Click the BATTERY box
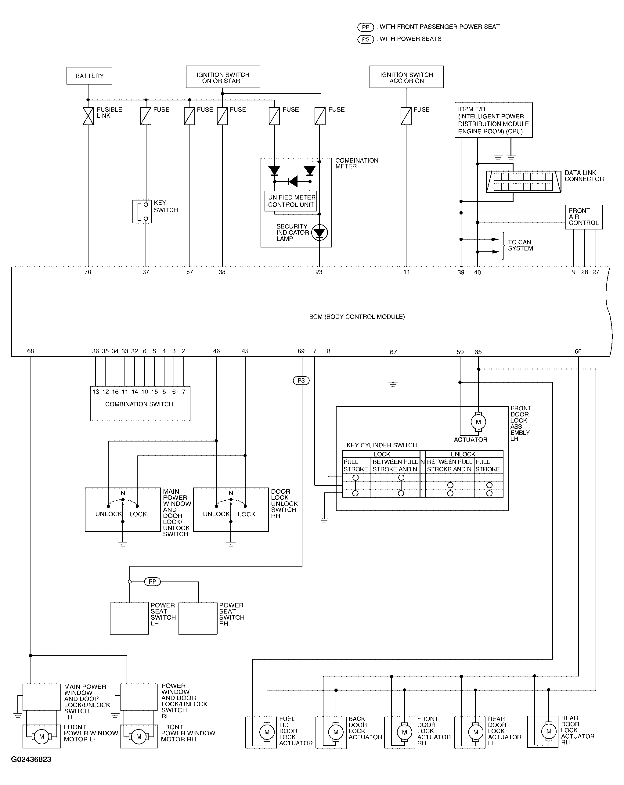pos(89,76)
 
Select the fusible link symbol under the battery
pos(88,116)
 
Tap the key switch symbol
pos(142,211)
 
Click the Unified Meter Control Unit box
pos(291,201)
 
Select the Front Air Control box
pos(584,217)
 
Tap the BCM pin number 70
pos(88,272)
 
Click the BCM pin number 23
pos(319,272)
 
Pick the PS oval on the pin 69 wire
pos(301,380)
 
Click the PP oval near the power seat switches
pos(153,582)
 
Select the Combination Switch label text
pos(139,404)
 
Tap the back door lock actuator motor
pos(336,732)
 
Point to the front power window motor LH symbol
pos(41,736)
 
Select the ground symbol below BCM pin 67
pos(393,384)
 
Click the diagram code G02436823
pos(31,759)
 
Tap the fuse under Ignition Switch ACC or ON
pos(406,116)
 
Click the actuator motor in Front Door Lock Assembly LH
pos(478,422)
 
